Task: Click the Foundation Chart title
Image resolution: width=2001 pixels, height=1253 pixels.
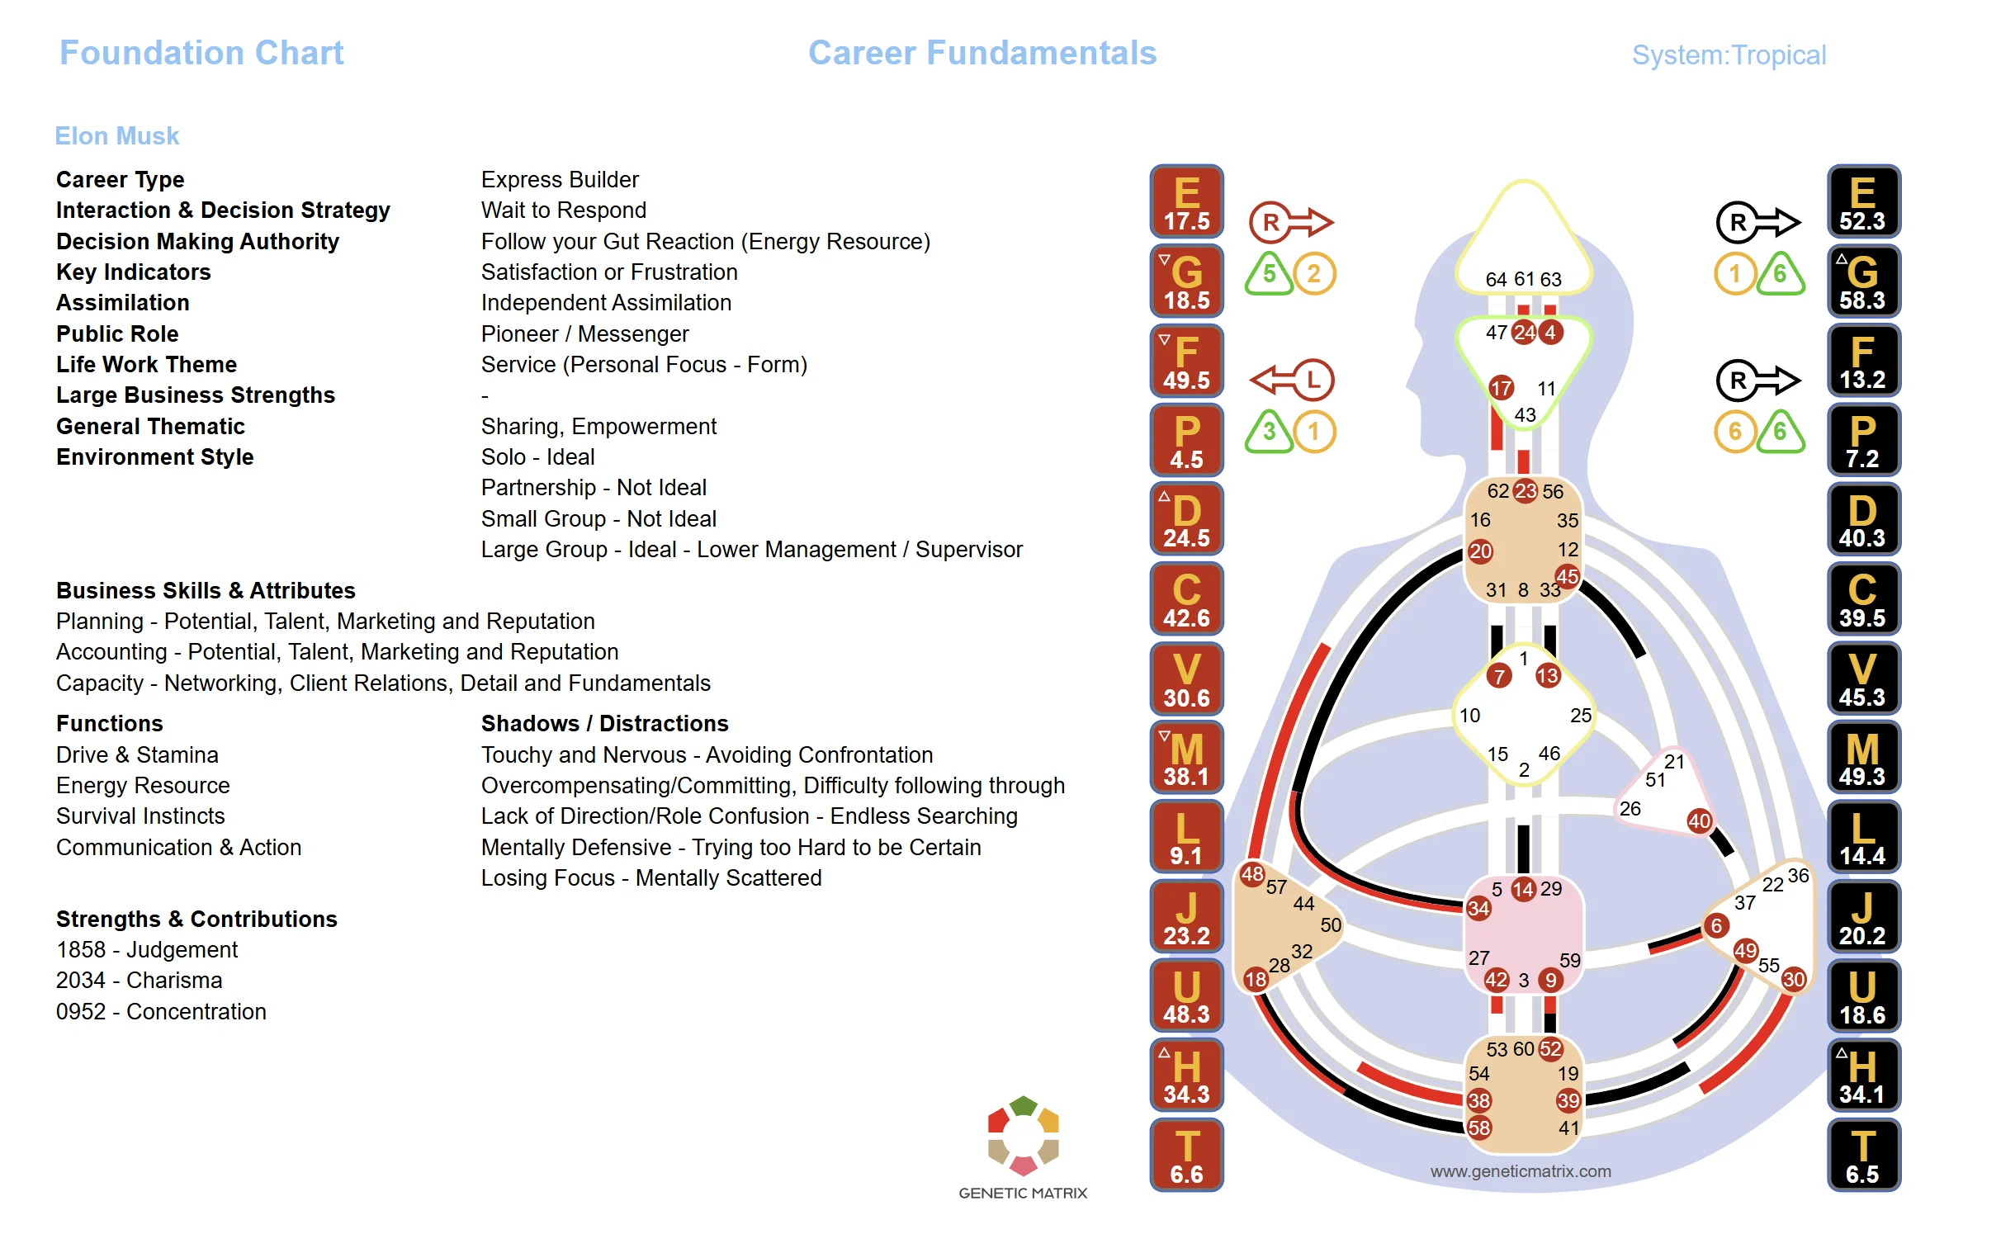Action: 201,53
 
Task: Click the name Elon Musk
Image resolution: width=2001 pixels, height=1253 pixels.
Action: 116,136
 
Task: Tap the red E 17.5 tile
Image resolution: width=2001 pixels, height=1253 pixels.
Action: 1185,201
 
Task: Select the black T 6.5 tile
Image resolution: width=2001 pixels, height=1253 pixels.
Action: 1861,1155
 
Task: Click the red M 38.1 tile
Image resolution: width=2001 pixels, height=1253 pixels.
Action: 1185,758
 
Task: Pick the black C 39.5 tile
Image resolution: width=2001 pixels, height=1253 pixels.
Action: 1861,598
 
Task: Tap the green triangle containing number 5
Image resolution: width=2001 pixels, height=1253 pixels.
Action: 1269,274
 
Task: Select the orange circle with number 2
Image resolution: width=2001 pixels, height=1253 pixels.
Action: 1313,273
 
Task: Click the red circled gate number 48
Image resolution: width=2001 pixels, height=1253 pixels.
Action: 1251,873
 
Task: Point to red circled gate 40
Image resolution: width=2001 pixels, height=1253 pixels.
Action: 1699,820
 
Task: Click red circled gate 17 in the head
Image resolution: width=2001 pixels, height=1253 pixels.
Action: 1501,387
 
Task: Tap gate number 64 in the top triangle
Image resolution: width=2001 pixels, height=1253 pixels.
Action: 1496,279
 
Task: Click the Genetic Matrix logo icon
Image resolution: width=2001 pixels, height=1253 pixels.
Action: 1023,1135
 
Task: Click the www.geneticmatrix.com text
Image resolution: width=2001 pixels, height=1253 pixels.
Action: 1520,1171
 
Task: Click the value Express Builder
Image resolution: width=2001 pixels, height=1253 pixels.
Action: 560,180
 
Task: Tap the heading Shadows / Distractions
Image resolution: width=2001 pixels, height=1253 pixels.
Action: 604,723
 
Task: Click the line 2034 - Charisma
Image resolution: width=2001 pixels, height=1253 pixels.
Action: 140,981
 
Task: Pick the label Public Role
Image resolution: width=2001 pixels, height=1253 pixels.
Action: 117,334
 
